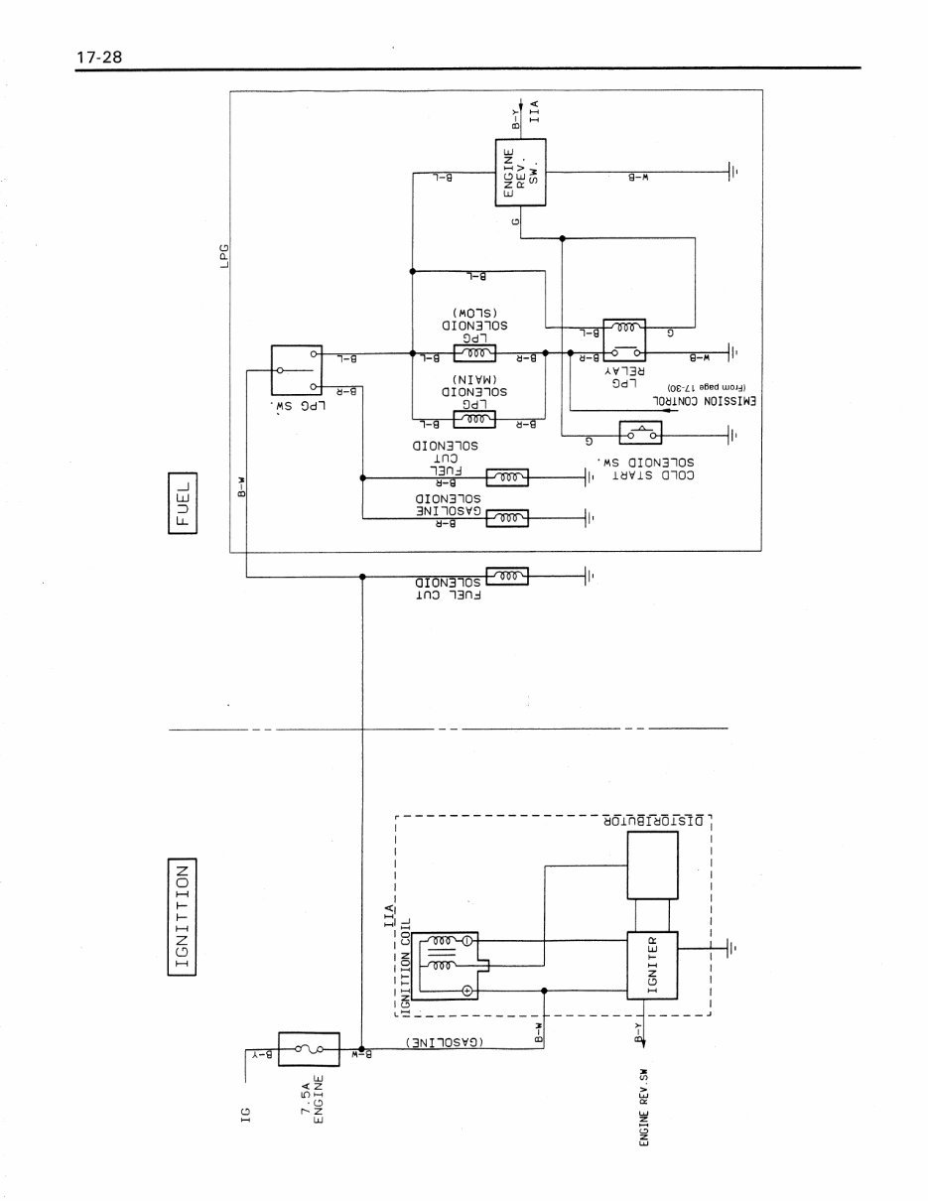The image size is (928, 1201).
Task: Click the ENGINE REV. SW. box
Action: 521,173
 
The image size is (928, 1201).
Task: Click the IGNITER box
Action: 651,966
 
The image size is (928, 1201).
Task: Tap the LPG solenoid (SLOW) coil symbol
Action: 474,353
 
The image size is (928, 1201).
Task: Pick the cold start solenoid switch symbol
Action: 640,435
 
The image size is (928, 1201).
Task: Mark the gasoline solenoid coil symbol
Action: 507,518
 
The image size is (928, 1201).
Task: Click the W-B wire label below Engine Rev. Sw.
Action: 638,178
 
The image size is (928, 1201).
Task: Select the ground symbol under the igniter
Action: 732,949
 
